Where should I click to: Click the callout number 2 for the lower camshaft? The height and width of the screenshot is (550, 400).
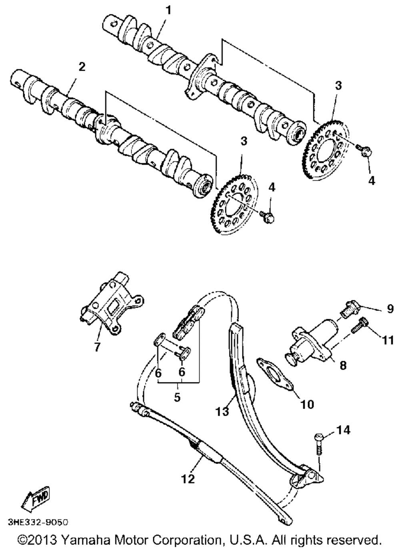tap(82, 67)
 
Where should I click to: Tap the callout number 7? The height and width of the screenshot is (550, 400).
tap(97, 346)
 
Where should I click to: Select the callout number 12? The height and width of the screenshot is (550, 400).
tap(188, 478)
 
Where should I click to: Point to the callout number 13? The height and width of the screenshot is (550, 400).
tap(222, 410)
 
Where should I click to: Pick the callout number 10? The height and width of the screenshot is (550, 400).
tap(308, 404)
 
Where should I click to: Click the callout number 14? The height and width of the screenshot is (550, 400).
tap(343, 430)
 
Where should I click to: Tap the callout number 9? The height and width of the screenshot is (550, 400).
tap(390, 308)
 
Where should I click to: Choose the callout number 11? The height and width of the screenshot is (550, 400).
tap(388, 340)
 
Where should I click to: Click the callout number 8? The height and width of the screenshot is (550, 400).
tap(343, 365)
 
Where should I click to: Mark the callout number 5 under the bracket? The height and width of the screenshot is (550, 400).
tap(177, 397)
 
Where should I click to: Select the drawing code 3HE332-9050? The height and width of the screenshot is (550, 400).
tap(38, 522)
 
